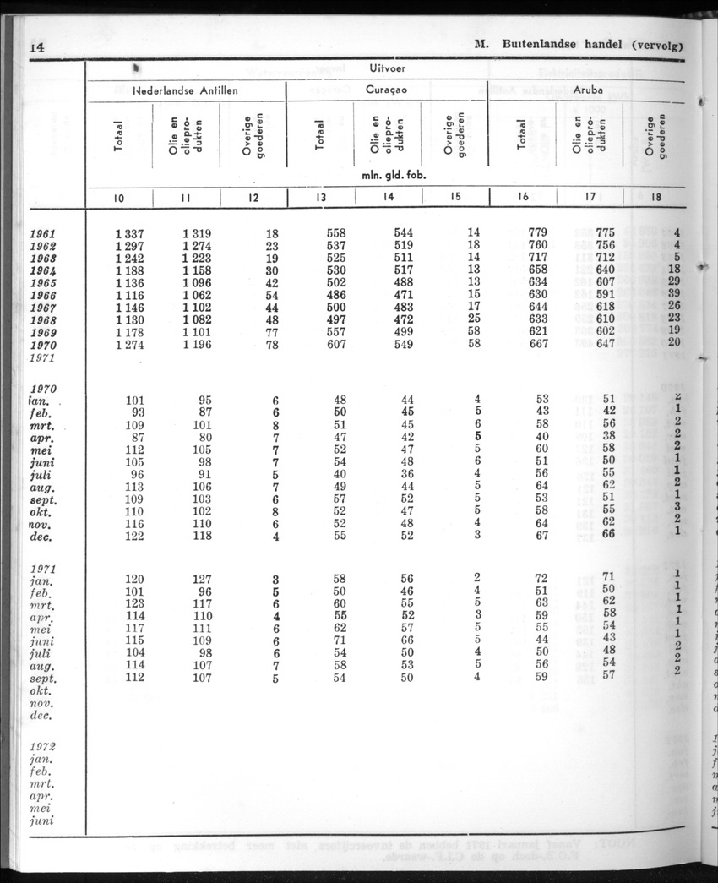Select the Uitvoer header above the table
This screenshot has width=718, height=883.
385,68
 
